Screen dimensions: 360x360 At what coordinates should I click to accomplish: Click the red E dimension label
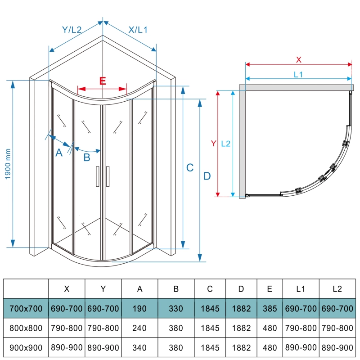103,81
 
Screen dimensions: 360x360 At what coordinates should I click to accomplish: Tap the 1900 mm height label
8,164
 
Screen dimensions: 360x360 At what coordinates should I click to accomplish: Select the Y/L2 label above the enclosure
72,30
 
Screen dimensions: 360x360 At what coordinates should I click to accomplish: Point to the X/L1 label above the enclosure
138,30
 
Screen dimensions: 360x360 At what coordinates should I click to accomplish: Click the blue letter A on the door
59,153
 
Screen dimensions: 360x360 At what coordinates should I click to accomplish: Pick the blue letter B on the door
87,157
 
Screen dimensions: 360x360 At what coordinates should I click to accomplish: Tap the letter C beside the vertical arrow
190,167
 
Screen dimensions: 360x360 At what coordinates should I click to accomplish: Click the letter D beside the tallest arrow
207,176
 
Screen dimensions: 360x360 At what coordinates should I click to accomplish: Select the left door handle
98,176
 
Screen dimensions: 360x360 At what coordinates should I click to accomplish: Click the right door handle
108,176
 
